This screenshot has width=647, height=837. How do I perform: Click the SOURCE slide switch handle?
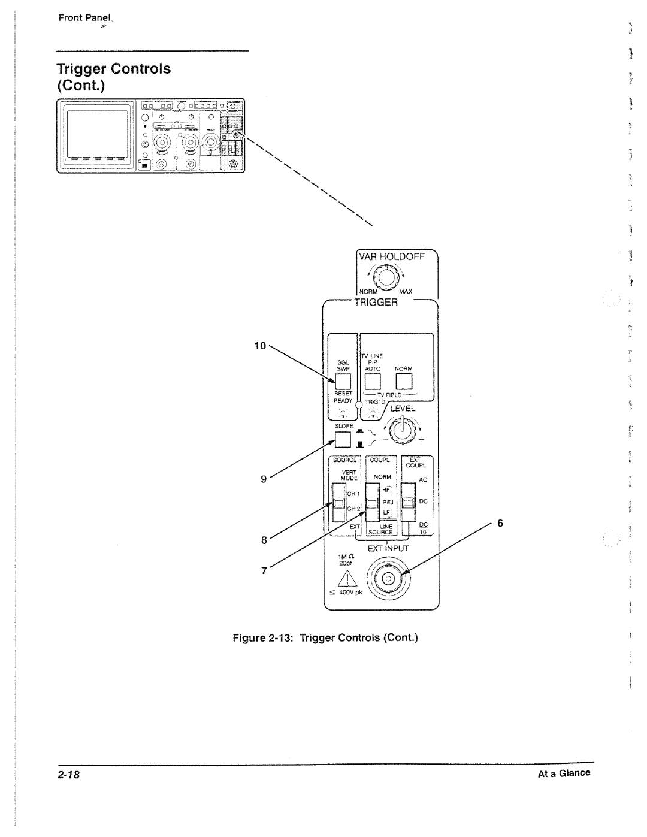[x=339, y=502]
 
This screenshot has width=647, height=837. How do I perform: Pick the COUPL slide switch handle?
[x=373, y=503]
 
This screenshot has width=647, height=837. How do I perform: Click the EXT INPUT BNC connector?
[x=388, y=578]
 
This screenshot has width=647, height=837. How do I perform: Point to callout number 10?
[x=259, y=346]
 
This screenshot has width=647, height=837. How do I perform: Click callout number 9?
[x=262, y=478]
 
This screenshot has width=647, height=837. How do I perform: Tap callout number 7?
[x=262, y=570]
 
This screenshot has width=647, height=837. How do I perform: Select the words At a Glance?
[x=564, y=773]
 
